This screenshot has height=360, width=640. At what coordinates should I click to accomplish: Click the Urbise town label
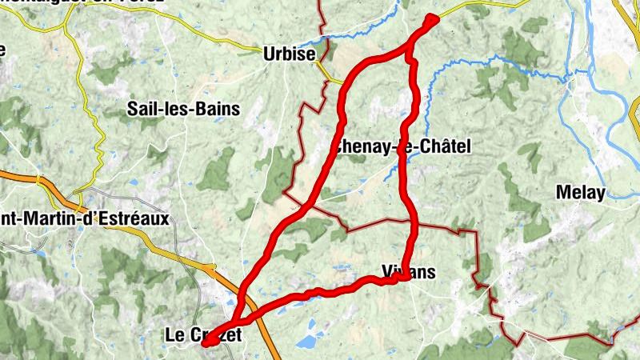[x=289, y=54]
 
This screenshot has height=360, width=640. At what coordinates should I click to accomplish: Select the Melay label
[x=581, y=193]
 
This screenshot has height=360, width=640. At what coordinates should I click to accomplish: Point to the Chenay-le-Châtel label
[x=401, y=146]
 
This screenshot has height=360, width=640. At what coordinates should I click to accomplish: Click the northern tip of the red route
[x=433, y=19]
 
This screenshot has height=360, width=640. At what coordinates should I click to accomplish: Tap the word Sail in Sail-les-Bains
[x=142, y=110]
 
